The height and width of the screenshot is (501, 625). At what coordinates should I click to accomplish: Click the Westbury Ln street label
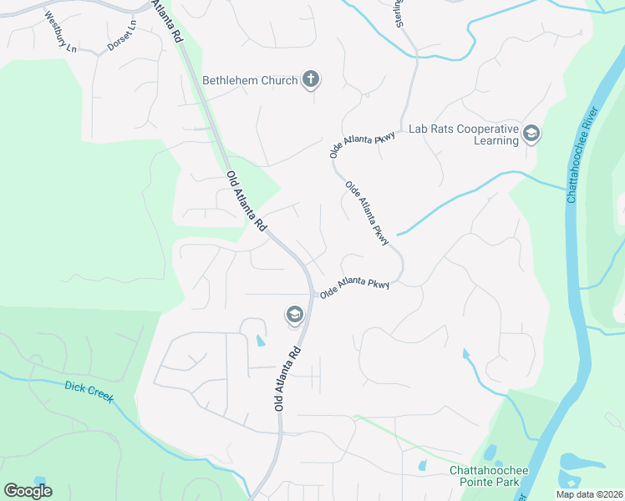point(59,32)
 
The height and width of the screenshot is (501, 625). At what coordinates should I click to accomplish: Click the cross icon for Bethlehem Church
point(310,80)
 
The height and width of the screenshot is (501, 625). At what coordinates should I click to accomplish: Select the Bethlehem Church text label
point(250,81)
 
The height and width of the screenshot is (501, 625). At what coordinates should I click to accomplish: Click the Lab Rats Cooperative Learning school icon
point(531,133)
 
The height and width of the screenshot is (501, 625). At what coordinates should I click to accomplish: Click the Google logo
point(28,491)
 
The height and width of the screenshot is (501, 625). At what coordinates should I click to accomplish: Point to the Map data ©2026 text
point(589,494)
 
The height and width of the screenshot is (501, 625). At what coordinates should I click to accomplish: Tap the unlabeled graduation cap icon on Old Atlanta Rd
point(294,314)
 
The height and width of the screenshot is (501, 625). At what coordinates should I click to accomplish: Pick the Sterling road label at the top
point(401,13)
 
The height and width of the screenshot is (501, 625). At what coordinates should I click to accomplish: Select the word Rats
point(442,129)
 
